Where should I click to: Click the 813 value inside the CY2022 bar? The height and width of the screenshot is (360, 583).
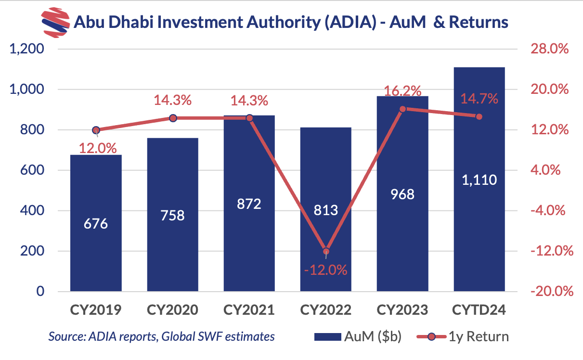click(326, 210)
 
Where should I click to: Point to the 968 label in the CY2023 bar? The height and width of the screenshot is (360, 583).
click(402, 195)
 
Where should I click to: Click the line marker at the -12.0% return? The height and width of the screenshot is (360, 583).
click(326, 251)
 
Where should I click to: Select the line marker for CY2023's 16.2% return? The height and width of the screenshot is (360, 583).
click(403, 109)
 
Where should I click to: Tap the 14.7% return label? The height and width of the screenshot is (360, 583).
click(479, 99)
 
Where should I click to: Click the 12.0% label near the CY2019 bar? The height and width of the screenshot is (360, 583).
click(96, 148)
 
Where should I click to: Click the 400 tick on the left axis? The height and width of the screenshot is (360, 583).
click(32, 211)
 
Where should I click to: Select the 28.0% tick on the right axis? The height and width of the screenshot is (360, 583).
click(549, 49)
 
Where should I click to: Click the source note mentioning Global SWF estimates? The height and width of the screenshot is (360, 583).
click(161, 336)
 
